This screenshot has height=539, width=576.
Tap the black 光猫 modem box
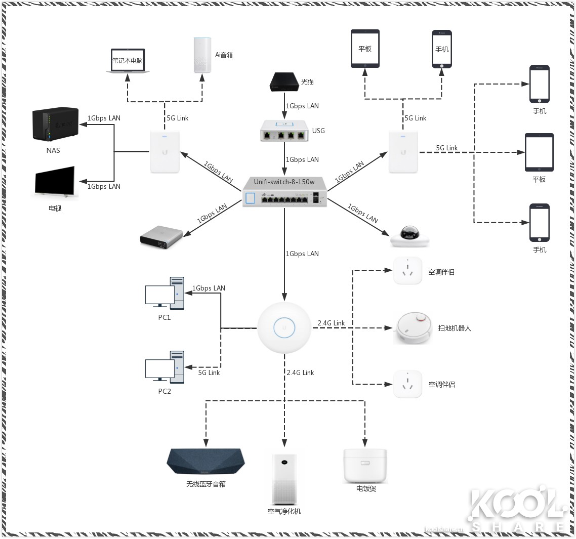coord(284,82)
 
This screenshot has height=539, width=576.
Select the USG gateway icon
coord(285,131)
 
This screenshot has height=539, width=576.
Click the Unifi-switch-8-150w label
coord(284,182)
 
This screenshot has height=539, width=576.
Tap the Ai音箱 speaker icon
coord(201,55)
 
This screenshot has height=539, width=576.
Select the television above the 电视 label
coord(55,181)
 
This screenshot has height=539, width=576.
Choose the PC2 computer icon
coord(164,366)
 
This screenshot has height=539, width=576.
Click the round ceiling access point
coord(284,327)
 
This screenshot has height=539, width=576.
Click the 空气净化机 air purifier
coord(284,479)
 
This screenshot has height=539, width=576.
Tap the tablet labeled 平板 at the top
coord(365,49)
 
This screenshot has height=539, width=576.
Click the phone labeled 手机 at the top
coord(441,49)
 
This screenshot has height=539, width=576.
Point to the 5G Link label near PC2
coord(209,372)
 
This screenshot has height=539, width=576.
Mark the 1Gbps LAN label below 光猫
coord(302,106)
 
